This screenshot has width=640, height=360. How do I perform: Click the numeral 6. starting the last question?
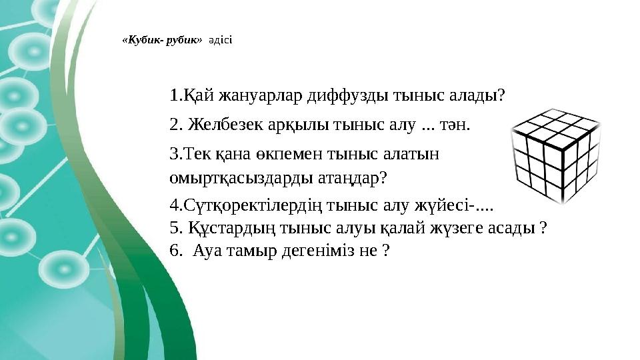point(177,251)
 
